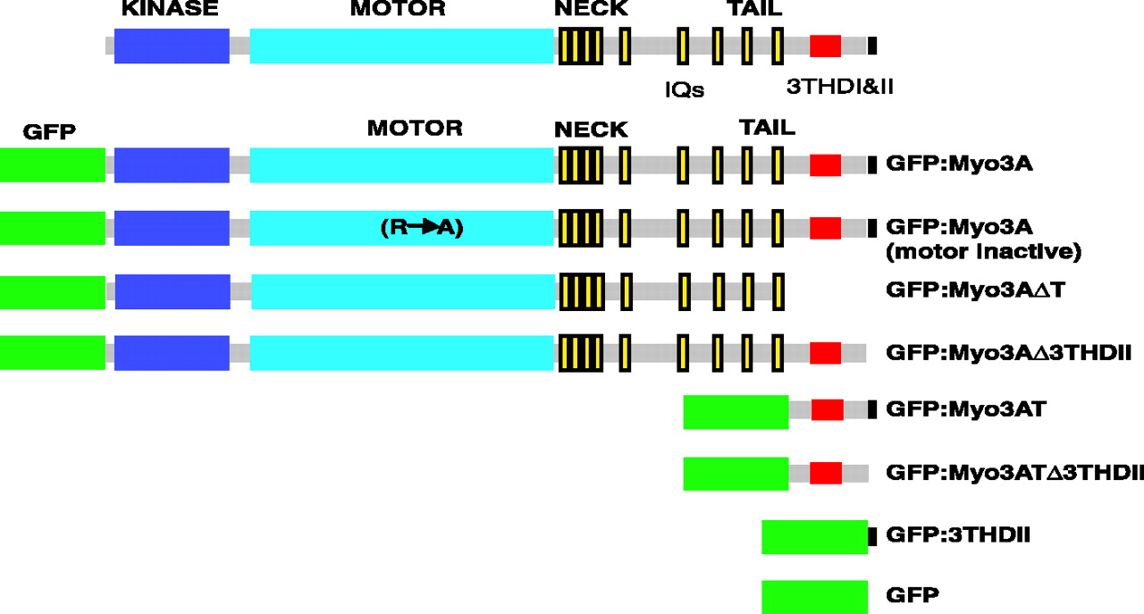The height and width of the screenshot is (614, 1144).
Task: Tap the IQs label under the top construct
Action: tap(685, 89)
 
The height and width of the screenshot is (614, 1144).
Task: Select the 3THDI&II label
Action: tap(840, 88)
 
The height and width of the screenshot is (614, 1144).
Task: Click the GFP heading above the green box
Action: tap(50, 132)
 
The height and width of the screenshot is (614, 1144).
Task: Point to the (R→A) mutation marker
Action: tap(422, 228)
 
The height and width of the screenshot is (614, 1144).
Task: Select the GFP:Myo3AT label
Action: tap(965, 410)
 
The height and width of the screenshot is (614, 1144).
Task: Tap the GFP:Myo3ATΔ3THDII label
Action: tap(1014, 473)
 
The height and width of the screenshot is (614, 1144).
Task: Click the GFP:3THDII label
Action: tap(959, 535)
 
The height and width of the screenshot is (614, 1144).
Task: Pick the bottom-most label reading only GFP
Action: tap(911, 594)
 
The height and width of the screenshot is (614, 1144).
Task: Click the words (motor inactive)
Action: tap(983, 252)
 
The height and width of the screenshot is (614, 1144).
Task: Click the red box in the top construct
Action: tap(825, 46)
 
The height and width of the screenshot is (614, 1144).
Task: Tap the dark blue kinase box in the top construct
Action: tap(172, 46)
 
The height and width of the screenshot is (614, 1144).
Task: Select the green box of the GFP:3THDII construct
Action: tap(814, 536)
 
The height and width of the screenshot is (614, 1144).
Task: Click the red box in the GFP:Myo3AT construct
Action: tap(827, 410)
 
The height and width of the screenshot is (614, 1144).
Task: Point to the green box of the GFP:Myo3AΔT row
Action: tap(52, 291)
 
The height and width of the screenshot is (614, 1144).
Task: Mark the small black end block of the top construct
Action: tap(872, 46)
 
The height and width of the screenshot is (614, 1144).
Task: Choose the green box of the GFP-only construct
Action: tap(814, 596)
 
